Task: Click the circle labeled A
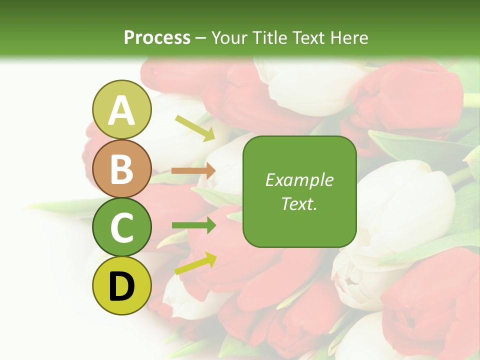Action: point(122,109)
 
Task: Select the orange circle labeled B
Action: point(122,168)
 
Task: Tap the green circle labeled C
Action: point(122,227)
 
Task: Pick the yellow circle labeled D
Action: point(122,286)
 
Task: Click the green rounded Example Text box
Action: point(299,192)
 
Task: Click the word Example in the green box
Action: point(299,180)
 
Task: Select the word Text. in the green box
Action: point(299,204)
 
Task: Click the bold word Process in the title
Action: point(157,37)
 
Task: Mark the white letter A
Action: point(122,110)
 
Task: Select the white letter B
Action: point(122,169)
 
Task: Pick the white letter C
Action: point(122,228)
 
